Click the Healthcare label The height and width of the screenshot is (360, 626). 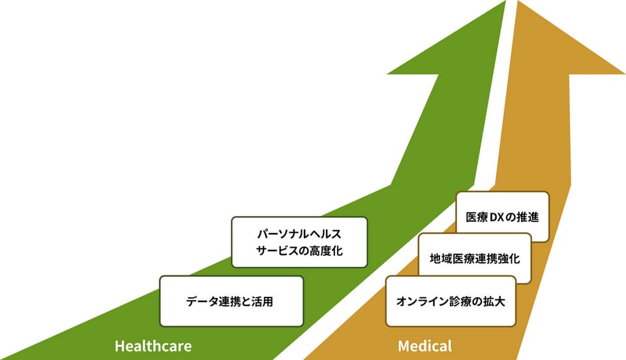pyautogui.click(x=153, y=346)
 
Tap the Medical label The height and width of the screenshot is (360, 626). pyautogui.click(x=425, y=346)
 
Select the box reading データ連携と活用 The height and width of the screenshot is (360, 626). pyautogui.click(x=231, y=301)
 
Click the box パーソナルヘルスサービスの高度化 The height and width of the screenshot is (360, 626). pyautogui.click(x=299, y=242)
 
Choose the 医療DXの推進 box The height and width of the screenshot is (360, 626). pyautogui.click(x=502, y=217)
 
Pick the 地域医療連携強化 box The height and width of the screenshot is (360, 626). pyautogui.click(x=474, y=259)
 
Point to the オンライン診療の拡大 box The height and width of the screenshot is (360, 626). pyautogui.click(x=451, y=301)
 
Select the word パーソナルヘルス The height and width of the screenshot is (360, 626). pyautogui.click(x=299, y=233)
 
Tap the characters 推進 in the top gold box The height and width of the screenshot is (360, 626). pyautogui.click(x=529, y=217)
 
